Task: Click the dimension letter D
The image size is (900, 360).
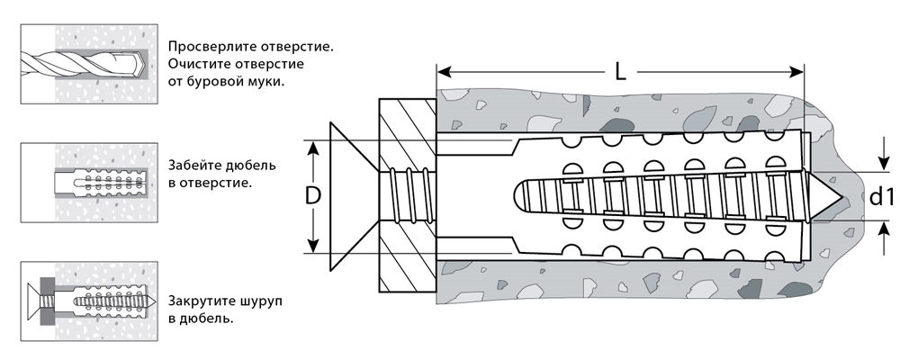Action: [313, 196]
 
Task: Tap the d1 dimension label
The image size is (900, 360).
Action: [879, 196]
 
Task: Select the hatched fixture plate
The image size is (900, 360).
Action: [407, 196]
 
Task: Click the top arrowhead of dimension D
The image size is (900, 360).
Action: [313, 146]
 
